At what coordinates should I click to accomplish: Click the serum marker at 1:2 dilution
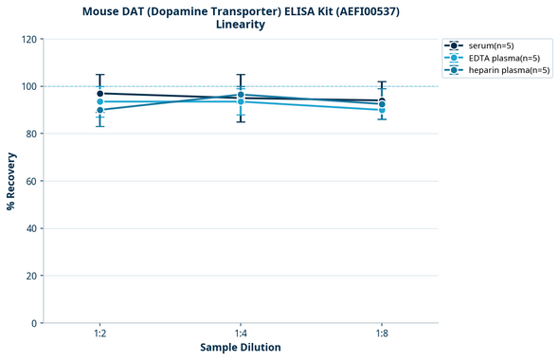(99, 94)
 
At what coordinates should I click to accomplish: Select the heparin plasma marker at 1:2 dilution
(99, 110)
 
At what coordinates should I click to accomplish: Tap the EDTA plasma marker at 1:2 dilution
(99, 101)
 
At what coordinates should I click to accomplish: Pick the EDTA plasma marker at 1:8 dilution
(382, 110)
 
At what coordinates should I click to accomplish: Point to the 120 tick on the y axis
(29, 39)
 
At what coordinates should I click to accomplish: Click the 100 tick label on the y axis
(29, 86)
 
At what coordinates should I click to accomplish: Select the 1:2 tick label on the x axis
(99, 334)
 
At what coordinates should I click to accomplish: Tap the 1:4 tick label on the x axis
(241, 334)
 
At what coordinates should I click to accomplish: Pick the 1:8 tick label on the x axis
(382, 334)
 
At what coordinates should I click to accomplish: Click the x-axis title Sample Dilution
(241, 348)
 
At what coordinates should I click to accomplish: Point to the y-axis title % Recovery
(11, 181)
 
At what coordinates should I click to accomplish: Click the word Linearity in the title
(241, 25)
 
